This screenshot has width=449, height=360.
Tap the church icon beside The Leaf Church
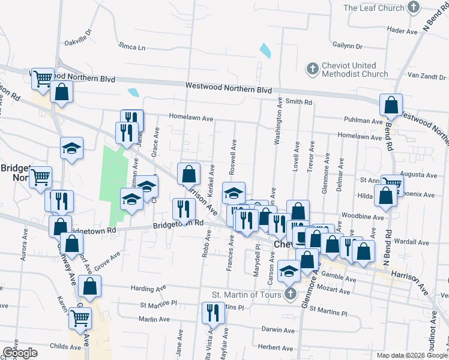click(413, 8)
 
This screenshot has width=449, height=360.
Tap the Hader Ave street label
click(402, 30)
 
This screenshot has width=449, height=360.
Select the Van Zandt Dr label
click(424, 76)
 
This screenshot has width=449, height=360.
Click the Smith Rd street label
click(299, 103)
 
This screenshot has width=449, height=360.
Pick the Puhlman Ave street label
click(367, 121)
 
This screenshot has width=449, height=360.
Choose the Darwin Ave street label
click(278, 330)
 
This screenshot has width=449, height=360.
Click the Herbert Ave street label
click(276, 347)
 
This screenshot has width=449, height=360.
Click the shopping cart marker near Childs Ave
click(80, 317)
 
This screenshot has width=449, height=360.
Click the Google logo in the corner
click(20, 353)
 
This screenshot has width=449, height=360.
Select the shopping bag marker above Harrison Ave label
click(188, 173)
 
